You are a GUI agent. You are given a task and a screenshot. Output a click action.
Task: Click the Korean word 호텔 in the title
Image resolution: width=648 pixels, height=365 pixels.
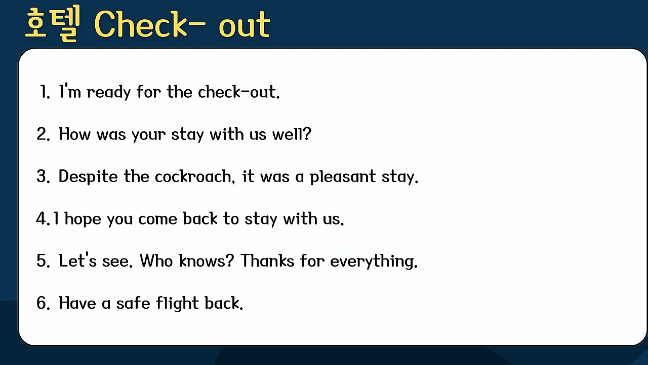(53, 24)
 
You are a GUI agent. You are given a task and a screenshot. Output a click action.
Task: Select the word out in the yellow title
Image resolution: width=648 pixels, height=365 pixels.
(245, 25)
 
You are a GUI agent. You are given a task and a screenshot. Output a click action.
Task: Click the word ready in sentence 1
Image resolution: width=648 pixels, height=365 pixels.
(109, 93)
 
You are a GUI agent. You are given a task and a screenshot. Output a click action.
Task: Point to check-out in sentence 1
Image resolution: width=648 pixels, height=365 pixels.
(238, 92)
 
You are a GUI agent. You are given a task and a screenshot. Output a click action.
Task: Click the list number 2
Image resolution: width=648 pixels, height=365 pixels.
(43, 134)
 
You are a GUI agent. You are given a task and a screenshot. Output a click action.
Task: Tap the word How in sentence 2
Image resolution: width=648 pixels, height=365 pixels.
(74, 134)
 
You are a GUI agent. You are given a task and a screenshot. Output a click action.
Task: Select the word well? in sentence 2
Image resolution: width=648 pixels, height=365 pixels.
(292, 134)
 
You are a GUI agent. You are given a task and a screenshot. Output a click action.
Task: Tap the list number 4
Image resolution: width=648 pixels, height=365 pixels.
(43, 218)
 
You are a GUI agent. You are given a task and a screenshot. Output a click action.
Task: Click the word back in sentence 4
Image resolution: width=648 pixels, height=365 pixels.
(200, 218)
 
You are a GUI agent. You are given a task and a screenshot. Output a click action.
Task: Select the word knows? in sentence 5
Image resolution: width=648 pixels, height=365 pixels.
(206, 261)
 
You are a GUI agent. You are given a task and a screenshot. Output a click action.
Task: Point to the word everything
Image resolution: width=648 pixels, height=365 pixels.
(374, 261)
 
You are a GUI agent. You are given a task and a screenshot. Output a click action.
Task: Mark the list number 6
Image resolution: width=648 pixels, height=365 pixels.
(43, 303)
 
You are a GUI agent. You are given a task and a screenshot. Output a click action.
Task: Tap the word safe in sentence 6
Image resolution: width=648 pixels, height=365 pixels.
(133, 303)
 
